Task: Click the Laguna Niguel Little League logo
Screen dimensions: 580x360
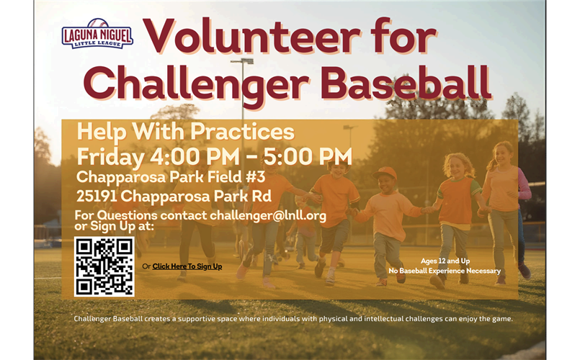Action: (97, 34)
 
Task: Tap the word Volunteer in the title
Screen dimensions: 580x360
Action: (252, 37)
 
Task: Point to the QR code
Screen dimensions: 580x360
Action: (104, 266)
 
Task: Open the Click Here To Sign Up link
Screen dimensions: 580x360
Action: (187, 266)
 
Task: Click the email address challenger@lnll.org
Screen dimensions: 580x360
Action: (268, 215)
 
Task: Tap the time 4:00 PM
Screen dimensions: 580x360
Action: (195, 156)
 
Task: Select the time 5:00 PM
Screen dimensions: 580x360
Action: (308, 156)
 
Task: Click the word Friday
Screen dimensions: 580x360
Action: (111, 158)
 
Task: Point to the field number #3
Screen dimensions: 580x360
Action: (255, 176)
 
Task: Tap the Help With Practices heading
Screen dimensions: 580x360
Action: (186, 132)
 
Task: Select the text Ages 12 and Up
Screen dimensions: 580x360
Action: (445, 261)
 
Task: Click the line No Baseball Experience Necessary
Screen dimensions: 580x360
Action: (445, 271)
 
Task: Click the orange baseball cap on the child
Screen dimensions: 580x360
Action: (384, 173)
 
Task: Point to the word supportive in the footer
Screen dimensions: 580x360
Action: (195, 319)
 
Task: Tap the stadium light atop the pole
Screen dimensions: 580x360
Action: (242, 61)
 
